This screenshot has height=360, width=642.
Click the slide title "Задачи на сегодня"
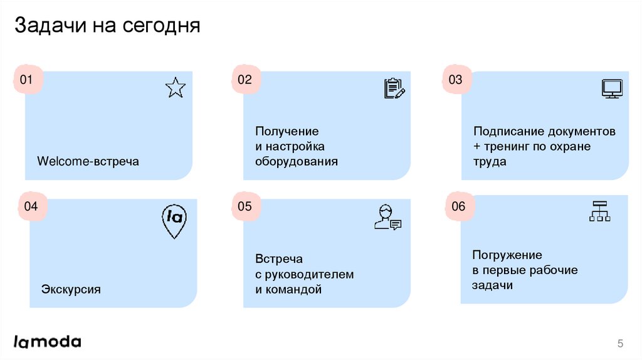coord(107,26)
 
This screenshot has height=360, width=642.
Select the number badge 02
coord(245,80)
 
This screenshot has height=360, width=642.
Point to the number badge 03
coord(455,80)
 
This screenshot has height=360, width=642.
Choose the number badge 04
coord(31,206)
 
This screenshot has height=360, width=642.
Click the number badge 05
coord(245,206)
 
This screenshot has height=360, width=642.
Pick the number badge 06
coord(459,206)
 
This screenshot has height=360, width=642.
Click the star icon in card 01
coord(176,88)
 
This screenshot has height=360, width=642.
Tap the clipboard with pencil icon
coord(394,88)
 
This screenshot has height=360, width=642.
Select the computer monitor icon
coord(611,88)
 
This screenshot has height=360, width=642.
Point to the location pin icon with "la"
coord(173,221)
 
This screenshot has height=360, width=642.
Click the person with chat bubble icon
coord(387,217)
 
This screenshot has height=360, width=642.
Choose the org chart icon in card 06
coord(600,211)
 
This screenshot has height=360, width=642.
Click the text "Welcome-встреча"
coord(88,162)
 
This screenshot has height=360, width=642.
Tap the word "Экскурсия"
coord(71,290)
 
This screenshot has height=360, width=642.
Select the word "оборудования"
coord(296,161)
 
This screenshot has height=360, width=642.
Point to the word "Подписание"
coord(508,132)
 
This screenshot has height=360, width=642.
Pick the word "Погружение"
coord(507,255)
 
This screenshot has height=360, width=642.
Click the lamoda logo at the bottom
coord(48,342)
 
